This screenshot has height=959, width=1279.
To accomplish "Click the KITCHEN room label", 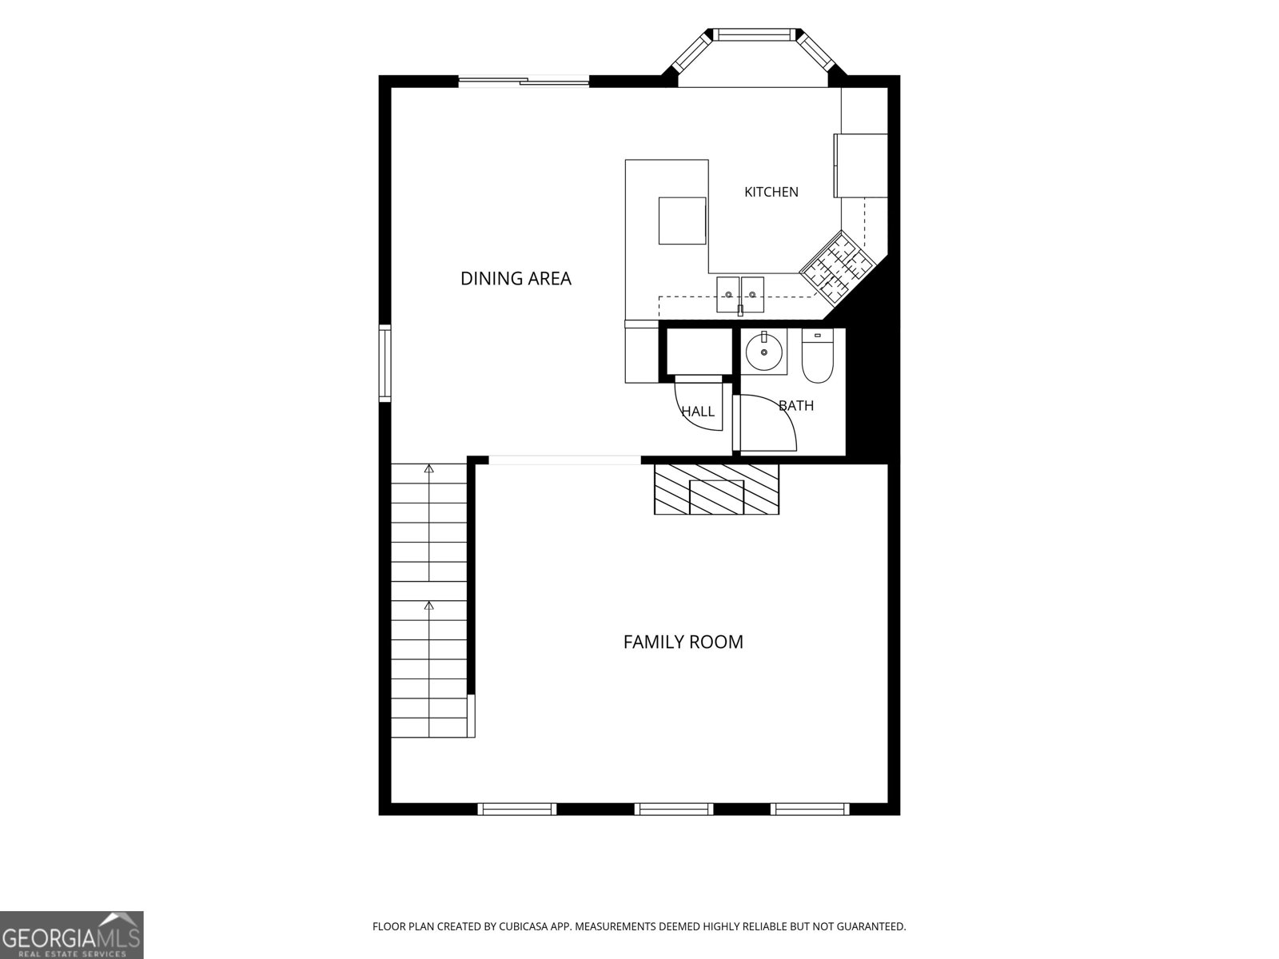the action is click(771, 192).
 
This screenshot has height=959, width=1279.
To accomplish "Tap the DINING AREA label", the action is click(516, 278).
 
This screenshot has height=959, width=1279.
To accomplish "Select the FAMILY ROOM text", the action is click(683, 642).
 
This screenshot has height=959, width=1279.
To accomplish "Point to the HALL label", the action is click(698, 412).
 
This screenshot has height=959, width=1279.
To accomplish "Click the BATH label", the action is click(796, 405).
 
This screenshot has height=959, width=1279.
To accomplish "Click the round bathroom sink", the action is click(764, 352).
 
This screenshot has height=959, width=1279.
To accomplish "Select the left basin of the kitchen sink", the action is click(727, 294).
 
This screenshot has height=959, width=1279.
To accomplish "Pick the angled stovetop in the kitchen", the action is click(836, 270).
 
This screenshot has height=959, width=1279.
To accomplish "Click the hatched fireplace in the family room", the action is click(716, 489).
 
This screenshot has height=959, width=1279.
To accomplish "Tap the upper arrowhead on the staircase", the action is click(428, 468).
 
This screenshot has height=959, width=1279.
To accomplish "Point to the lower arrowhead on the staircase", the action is click(428, 606).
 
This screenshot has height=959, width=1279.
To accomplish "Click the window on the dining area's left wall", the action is click(384, 364).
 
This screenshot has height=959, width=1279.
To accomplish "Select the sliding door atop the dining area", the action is click(524, 82).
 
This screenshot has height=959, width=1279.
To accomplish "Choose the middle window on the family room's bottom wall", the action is click(674, 809).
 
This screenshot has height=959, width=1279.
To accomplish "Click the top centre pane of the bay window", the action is click(755, 34).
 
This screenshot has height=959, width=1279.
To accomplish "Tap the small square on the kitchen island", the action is click(683, 221).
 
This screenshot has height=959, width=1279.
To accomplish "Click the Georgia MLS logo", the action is click(71, 934).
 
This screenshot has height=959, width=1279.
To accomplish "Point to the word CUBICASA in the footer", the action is click(524, 926).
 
